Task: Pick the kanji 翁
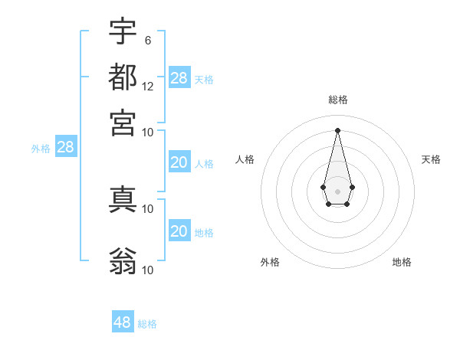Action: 123,260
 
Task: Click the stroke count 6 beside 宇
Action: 147,40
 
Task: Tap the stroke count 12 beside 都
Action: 148,86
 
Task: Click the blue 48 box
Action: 123,322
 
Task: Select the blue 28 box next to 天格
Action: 179,77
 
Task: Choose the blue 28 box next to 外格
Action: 66,148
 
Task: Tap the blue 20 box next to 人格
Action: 179,162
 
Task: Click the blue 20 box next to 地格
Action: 179,231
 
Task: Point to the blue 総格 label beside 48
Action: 147,324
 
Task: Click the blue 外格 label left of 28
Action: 41,149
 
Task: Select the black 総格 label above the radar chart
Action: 337,100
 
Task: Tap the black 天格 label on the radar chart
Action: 431,159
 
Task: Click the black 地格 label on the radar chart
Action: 402,262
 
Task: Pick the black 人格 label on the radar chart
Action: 245,159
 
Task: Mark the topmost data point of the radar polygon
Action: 337,129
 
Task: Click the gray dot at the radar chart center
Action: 337,191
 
